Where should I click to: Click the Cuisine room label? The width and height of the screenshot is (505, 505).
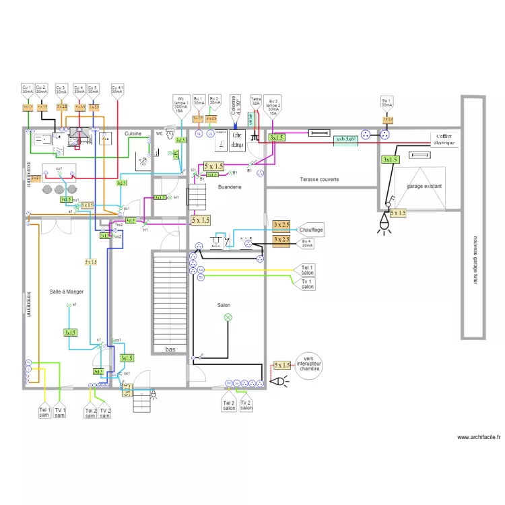(x=133, y=134)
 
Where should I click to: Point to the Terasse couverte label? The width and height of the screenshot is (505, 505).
(x=319, y=180)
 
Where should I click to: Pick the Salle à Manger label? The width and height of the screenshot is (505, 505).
(x=66, y=291)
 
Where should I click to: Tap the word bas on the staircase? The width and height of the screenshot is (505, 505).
(x=171, y=349)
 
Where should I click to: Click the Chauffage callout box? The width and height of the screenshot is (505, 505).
(x=310, y=230)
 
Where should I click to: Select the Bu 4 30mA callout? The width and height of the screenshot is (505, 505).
(x=308, y=243)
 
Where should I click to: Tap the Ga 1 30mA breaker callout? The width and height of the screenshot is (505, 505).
(x=386, y=102)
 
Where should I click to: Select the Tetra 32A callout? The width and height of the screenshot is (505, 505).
(x=256, y=101)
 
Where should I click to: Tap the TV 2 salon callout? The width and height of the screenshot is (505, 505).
(x=247, y=405)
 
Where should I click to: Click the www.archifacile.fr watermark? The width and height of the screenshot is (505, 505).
(x=479, y=438)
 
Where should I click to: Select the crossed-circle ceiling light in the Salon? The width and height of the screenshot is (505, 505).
(x=227, y=317)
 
